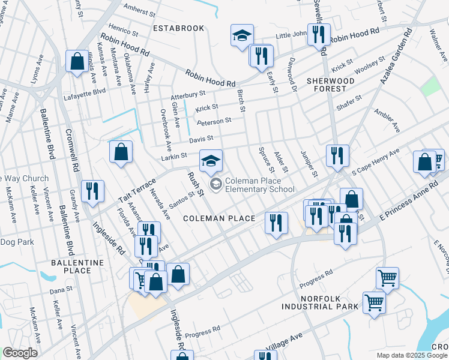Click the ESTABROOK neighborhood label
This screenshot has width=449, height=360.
pos(178,28)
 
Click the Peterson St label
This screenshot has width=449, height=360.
pos(214,121)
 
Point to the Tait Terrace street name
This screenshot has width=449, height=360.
pos(137,189)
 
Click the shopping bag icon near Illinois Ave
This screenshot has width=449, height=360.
pos(77,61)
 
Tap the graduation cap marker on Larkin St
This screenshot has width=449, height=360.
pos(211,161)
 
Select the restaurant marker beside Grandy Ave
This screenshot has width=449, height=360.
pos(92,191)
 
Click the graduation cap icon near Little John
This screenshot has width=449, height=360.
pos(242,35)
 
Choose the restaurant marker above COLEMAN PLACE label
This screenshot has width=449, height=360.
pos(276,223)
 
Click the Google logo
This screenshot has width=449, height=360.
pos(20,353)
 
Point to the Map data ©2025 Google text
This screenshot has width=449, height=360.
pos(412,355)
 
